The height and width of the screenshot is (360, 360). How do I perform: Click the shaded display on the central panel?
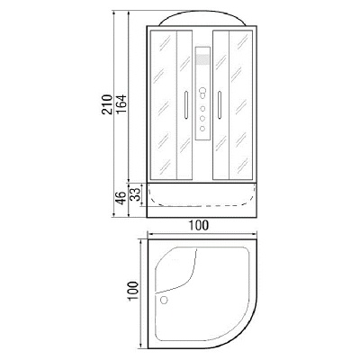tap(201, 61)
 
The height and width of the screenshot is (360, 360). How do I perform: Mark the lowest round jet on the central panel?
tap(201, 129)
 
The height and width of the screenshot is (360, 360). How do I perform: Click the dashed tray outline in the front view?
tap(201, 196)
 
